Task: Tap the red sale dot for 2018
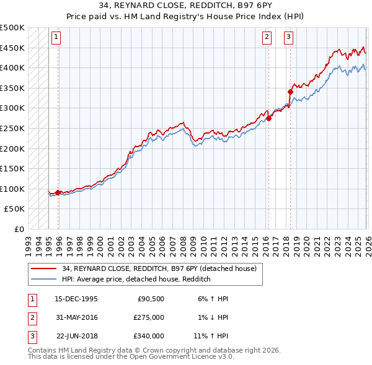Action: pyautogui.click(x=290, y=92)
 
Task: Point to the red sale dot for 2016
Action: pyautogui.click(x=269, y=119)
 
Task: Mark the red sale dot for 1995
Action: pyautogui.click(x=58, y=192)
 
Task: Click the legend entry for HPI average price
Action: pyautogui.click(x=136, y=280)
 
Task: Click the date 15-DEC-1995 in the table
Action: pyautogui.click(x=76, y=299)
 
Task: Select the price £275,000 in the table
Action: pyautogui.click(x=149, y=317)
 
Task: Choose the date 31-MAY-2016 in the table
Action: pyautogui.click(x=76, y=317)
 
